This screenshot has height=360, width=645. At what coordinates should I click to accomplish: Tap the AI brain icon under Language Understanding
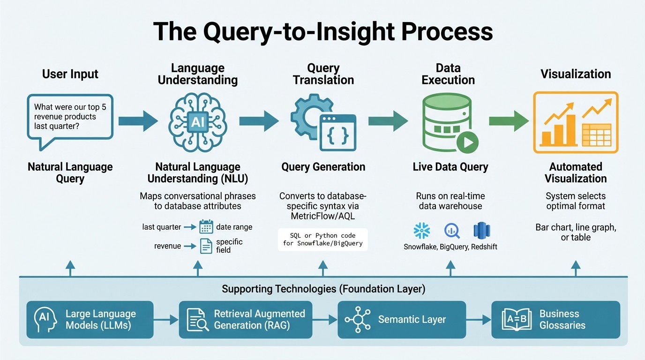(x=197, y=121)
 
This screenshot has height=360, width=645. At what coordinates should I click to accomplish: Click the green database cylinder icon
(x=448, y=123)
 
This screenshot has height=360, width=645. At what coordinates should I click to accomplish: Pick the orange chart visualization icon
(x=576, y=122)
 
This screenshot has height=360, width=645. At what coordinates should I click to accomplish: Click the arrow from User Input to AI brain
(x=138, y=121)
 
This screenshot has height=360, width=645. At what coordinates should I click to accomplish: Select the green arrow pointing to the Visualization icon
(x=509, y=121)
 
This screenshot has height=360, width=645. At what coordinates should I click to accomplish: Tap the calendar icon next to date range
(x=206, y=227)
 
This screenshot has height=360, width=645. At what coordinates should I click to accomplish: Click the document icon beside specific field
(x=206, y=246)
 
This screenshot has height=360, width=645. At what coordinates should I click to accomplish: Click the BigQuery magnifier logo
(x=452, y=231)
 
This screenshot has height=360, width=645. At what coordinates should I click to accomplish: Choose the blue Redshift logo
(x=481, y=231)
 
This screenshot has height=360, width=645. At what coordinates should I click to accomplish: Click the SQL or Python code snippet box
(x=322, y=240)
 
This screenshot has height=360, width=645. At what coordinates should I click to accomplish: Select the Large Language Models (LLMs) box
(x=90, y=320)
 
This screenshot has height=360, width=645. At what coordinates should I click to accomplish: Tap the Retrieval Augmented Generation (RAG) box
(x=246, y=320)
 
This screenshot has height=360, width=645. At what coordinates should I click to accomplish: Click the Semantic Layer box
(x=402, y=320)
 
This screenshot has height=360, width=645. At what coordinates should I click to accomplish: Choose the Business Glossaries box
(x=555, y=320)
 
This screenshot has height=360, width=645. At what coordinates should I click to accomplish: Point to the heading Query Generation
(x=323, y=167)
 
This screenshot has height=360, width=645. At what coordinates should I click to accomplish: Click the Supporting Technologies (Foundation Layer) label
(x=323, y=289)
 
